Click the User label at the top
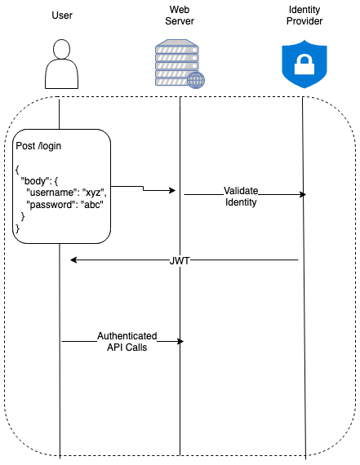[x=62, y=15]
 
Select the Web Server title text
[x=180, y=15]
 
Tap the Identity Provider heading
[x=304, y=15]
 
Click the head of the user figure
[x=62, y=49]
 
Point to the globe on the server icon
[x=196, y=80]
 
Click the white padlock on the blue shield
[x=304, y=65]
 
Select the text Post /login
[x=38, y=146]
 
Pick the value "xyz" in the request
[x=93, y=193]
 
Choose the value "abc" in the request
[x=92, y=205]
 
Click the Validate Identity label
[x=241, y=197]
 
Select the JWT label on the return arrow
[x=180, y=261]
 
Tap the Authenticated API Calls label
[x=127, y=341]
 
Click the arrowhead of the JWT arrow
[x=73, y=260]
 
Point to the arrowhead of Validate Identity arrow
[x=303, y=194]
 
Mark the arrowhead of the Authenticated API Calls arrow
[x=180, y=341]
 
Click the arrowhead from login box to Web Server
[x=172, y=190]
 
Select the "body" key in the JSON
[x=34, y=181]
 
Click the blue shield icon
[x=304, y=64]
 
